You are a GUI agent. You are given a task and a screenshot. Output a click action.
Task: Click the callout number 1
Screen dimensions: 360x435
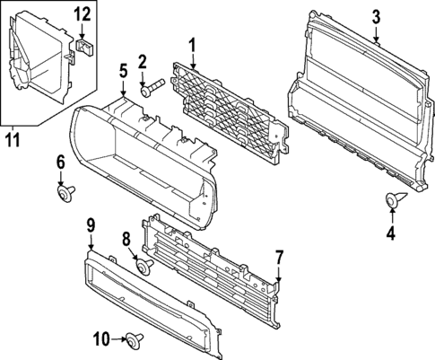(x=191, y=44)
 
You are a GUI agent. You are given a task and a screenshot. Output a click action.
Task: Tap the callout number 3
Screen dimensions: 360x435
(x=376, y=15)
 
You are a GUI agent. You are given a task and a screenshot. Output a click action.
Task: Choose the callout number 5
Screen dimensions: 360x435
(x=123, y=69)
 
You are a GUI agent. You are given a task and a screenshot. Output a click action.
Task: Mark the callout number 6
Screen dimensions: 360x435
(x=61, y=162)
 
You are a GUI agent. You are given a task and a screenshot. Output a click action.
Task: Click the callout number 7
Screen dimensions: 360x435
(x=279, y=257)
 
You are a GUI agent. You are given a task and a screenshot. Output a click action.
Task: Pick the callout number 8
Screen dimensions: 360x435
(x=126, y=239)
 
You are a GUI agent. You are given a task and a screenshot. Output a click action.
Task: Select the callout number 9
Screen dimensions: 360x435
(x=91, y=224)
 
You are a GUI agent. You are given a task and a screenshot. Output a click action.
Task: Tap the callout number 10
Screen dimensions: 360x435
(x=101, y=338)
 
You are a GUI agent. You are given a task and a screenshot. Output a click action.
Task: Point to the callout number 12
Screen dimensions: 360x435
(x=82, y=13)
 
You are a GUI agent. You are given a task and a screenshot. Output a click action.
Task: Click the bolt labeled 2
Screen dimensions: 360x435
(x=152, y=88)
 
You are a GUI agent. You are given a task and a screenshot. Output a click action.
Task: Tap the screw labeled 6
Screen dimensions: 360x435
(x=65, y=191)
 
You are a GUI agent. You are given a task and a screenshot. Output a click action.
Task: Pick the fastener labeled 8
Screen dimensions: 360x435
(x=142, y=266)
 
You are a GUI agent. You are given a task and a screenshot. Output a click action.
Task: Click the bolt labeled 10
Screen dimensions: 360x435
(x=135, y=338)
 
